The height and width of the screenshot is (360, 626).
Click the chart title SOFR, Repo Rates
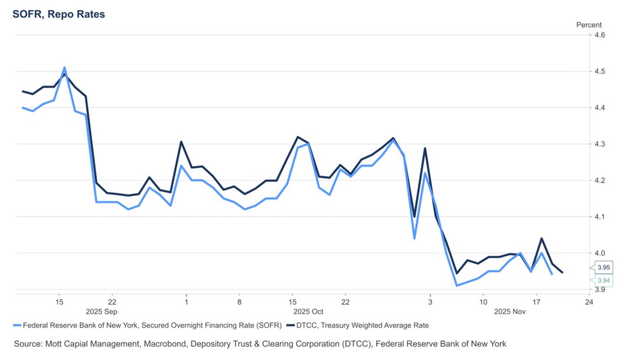(x=59, y=13)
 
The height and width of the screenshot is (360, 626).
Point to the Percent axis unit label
(x=588, y=25)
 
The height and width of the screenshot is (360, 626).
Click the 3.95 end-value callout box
(x=603, y=267)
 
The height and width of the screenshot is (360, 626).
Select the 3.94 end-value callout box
(x=603, y=280)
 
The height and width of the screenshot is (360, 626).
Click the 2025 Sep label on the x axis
(x=101, y=312)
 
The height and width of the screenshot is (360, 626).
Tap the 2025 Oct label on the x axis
(x=308, y=312)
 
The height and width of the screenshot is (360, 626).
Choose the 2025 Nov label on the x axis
(x=510, y=312)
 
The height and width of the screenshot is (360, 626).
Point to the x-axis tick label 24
(x=589, y=302)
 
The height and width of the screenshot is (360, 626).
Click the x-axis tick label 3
(x=430, y=302)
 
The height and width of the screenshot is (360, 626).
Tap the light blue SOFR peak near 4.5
(x=64, y=68)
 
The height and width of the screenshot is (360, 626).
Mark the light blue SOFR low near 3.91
(x=457, y=285)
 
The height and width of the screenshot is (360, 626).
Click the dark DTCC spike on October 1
(x=181, y=142)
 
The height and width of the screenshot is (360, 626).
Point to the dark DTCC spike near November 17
(x=541, y=239)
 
